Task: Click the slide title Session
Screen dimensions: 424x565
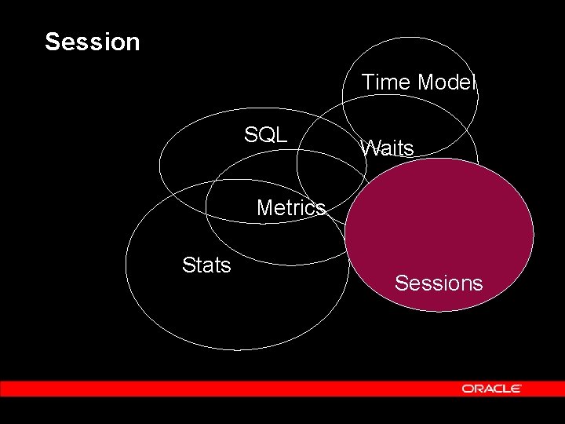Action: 92,42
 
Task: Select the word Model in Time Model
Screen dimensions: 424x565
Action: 447,82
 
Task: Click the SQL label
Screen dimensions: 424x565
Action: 265,134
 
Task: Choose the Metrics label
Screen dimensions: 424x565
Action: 290,208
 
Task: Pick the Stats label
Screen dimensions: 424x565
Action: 206,265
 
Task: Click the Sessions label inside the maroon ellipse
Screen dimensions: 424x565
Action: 439,283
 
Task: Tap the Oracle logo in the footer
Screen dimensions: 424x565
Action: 491,389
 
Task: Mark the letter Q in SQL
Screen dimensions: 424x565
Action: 265,134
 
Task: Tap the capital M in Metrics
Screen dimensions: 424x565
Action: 264,208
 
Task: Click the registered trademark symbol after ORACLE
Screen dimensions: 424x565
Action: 520,386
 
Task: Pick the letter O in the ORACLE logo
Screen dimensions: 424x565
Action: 467,389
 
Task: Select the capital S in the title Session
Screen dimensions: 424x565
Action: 53,42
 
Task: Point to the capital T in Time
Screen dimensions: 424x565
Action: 366,82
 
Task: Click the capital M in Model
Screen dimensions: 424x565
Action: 425,82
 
